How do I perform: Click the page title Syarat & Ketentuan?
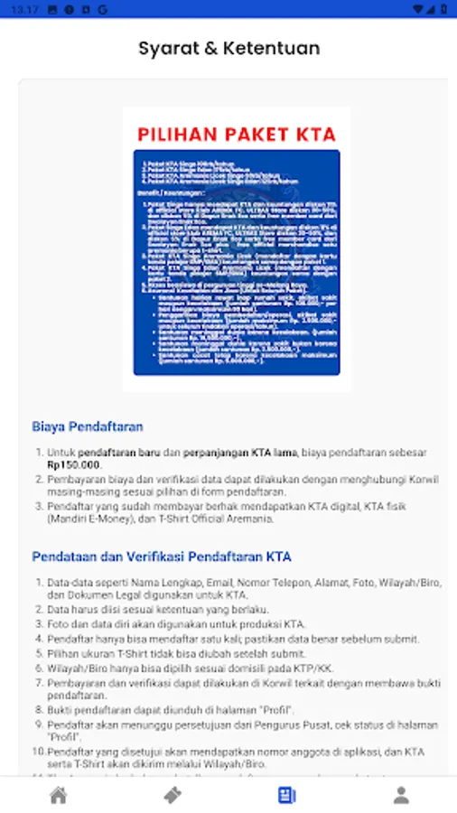pyautogui.click(x=228, y=48)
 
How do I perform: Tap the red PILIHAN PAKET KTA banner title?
pyautogui.click(x=236, y=135)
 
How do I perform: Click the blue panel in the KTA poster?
pyautogui.click(x=236, y=262)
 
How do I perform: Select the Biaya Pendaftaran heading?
pyautogui.click(x=88, y=426)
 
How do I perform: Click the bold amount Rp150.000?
pyautogui.click(x=75, y=464)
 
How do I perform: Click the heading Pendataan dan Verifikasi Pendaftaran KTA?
pyautogui.click(x=161, y=556)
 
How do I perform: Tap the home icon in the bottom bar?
pyautogui.click(x=58, y=795)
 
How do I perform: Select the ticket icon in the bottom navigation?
pyautogui.click(x=172, y=795)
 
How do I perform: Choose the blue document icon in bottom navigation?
pyautogui.click(x=286, y=795)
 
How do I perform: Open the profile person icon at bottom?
pyautogui.click(x=400, y=795)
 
